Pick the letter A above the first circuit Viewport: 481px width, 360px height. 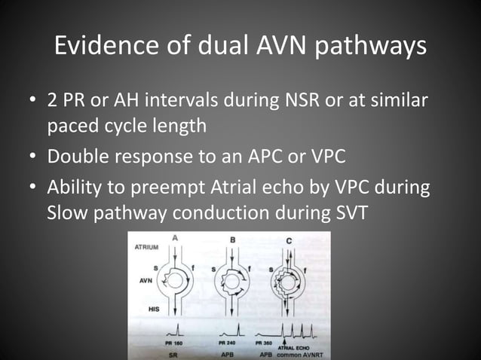click(176, 240)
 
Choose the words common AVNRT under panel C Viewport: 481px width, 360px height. click(299, 354)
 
